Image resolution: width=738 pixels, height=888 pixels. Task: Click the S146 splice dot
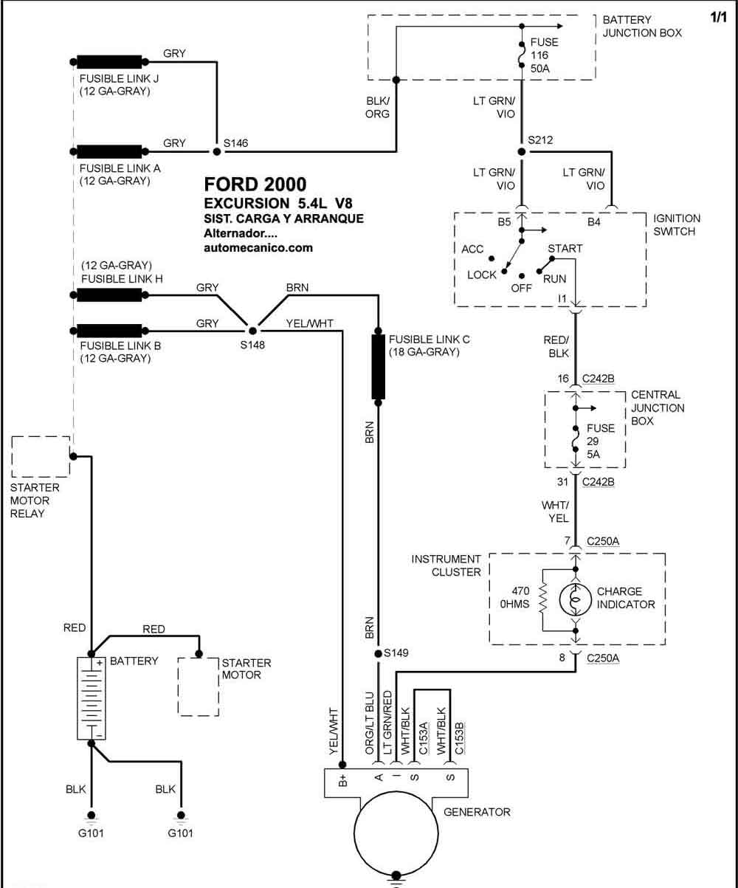click(217, 151)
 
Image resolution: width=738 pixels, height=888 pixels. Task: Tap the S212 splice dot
click(522, 152)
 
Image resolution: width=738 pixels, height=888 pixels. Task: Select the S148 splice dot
click(252, 331)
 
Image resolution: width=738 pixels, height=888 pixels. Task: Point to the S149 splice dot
click(378, 654)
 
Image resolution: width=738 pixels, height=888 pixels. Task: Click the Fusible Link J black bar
click(109, 62)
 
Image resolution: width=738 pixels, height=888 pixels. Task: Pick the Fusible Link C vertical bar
click(378, 367)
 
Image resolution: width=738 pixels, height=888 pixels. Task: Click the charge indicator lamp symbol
click(575, 599)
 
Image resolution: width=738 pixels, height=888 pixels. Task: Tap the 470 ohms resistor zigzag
click(543, 597)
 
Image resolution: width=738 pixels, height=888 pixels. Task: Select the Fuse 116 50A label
click(545, 55)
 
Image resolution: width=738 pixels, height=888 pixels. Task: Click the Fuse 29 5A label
click(601, 441)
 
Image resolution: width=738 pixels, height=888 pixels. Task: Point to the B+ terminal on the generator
click(342, 780)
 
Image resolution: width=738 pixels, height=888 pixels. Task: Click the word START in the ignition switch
click(565, 248)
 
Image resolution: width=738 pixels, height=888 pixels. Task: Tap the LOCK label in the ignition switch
click(482, 275)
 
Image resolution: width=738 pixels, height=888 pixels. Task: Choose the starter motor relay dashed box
click(41, 457)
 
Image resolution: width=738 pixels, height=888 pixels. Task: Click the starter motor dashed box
click(199, 686)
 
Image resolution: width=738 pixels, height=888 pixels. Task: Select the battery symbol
click(92, 698)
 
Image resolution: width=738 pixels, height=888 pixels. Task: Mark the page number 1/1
click(719, 17)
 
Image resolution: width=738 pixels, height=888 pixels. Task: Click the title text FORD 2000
click(255, 185)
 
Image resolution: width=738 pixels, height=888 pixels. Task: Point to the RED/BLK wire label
click(556, 347)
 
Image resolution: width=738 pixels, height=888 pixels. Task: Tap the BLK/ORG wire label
click(378, 108)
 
